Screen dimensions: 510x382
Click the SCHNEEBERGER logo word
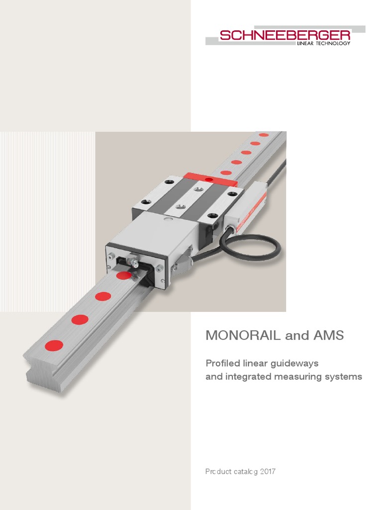285,35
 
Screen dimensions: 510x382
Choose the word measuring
296,377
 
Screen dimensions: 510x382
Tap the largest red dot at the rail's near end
54,345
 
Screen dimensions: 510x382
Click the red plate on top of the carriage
209,177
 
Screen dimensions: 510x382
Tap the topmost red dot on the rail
264,134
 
